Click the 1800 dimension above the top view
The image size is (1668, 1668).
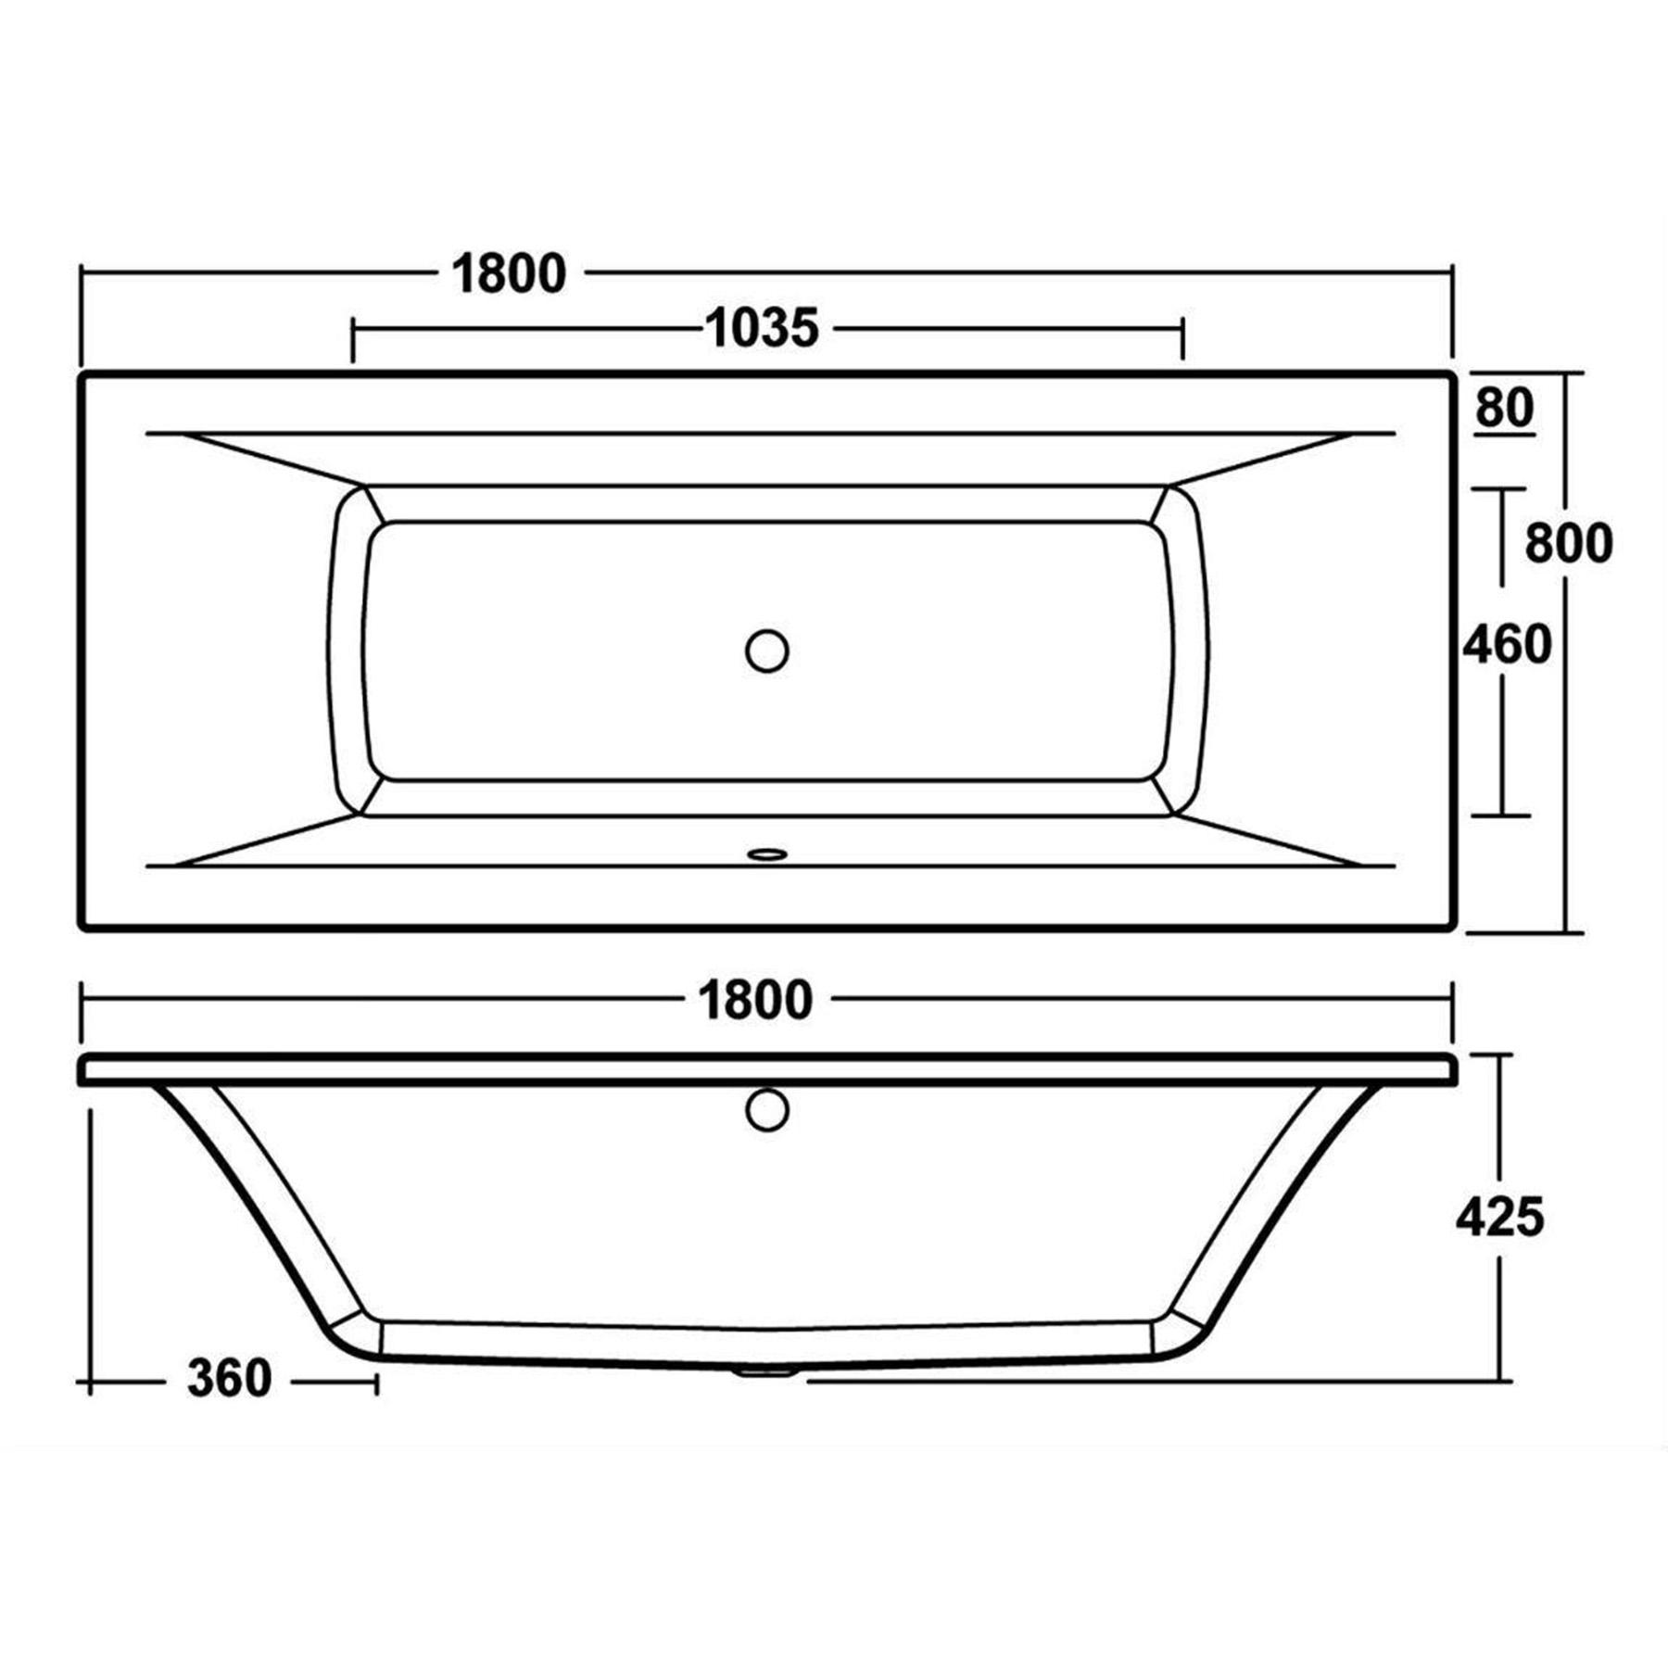509,274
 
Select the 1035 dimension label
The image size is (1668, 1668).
763,329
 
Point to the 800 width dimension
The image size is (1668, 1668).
1569,544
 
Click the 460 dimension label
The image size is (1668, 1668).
1507,645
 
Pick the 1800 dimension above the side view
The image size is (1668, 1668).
756,1001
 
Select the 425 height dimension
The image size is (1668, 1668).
1499,1217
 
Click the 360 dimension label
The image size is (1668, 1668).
229,1379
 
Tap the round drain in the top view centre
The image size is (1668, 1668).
766,651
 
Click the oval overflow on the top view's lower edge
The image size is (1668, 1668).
766,853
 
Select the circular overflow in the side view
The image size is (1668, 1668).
766,1109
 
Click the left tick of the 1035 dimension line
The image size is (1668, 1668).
353,340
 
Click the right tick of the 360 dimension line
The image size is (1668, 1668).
376,1384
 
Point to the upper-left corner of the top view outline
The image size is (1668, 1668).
82,374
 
